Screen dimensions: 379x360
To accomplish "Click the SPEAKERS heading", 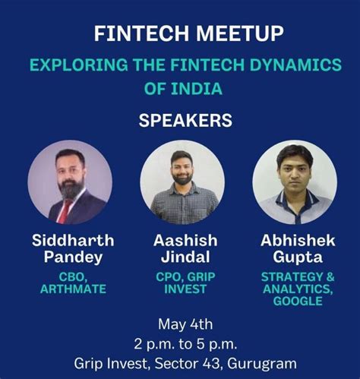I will pos(180,121).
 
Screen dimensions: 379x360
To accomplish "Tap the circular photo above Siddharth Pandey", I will pos(70,182).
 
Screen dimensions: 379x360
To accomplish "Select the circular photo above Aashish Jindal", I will pos(182,182).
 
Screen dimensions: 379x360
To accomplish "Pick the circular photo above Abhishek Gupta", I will pos(294,182).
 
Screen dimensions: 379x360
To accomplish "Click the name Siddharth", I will pos(73,241).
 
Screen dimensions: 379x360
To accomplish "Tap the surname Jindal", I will pos(185,258).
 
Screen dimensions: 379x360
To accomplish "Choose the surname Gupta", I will pos(298,258).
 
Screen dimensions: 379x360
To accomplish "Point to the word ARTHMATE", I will pos(73,290).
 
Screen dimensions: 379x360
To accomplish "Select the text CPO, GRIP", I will pos(185,277).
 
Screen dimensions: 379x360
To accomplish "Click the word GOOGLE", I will pos(298,302).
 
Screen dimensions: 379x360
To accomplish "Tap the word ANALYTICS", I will pos(298,289).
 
